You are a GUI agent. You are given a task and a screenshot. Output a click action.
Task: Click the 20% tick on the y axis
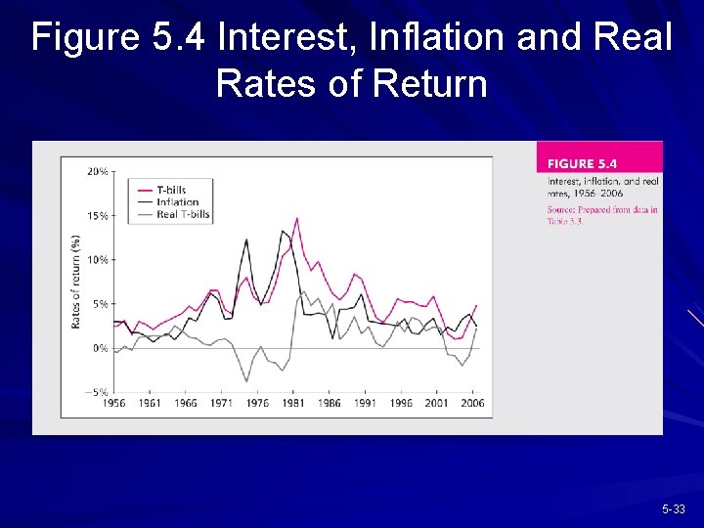(x=98, y=171)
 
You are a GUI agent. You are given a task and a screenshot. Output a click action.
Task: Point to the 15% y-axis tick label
(x=98, y=216)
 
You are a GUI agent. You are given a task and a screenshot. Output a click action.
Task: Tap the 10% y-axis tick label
(x=98, y=260)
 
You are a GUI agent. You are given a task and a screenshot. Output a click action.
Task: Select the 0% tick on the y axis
(x=101, y=348)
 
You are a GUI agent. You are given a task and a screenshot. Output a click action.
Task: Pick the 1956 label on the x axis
(x=113, y=404)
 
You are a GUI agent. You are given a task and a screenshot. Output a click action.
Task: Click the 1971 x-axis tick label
(x=221, y=404)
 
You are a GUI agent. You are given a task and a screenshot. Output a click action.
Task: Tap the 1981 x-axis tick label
(x=293, y=404)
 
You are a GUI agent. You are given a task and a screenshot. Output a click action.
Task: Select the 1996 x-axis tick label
(x=401, y=404)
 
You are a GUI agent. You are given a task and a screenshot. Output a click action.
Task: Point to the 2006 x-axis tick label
(x=473, y=404)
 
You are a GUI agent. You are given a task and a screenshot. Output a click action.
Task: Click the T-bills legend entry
(x=171, y=190)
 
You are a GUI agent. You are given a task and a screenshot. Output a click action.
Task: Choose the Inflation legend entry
(x=177, y=202)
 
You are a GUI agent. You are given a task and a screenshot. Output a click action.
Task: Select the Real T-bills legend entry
(x=183, y=214)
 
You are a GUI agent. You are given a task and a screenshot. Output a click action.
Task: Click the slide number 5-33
(x=674, y=509)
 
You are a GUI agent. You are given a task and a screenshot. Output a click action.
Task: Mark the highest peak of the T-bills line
(x=296, y=218)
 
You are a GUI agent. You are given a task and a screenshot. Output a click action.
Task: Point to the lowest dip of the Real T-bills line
(x=247, y=381)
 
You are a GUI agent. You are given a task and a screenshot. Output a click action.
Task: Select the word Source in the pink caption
(x=561, y=209)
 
